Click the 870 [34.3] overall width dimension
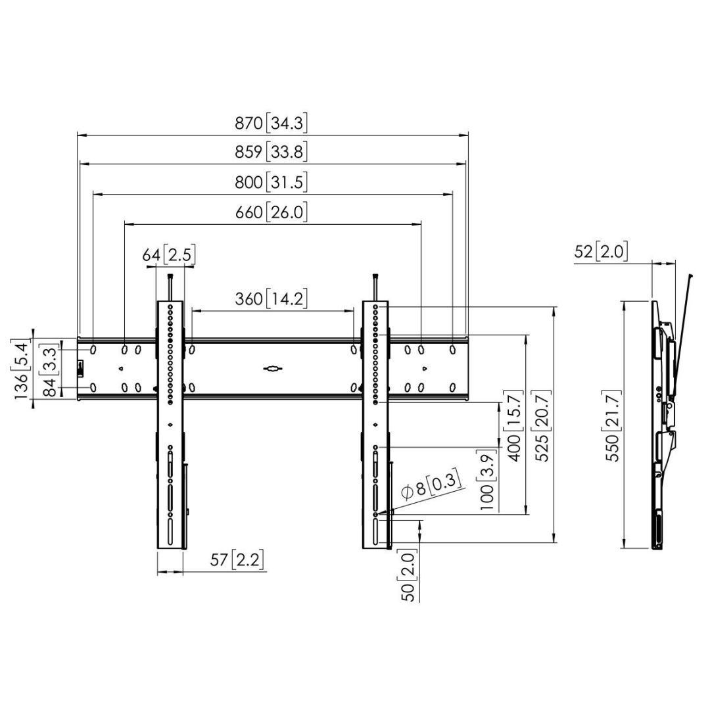272,123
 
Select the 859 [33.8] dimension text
272,153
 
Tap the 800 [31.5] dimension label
272,182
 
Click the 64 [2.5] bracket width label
170,254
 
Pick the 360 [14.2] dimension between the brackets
272,300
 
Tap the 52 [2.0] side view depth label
601,251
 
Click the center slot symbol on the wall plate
272,369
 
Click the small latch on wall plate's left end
81,368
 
